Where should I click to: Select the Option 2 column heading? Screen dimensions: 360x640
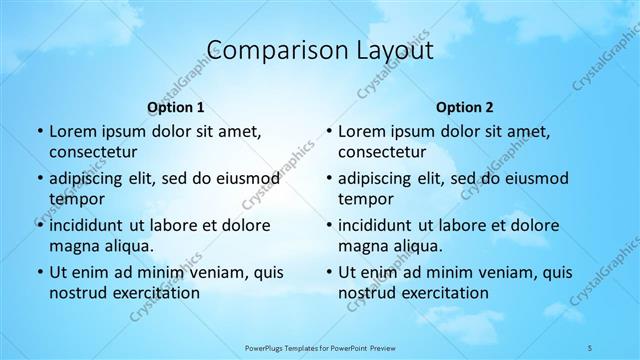pos(465,107)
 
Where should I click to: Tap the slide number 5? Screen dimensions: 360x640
pos(591,346)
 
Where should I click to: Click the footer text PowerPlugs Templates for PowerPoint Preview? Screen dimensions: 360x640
pos(319,346)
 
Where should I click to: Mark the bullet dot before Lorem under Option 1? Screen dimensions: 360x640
pos(39,131)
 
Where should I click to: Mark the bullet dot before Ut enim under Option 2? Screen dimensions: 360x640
pos(328,272)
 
